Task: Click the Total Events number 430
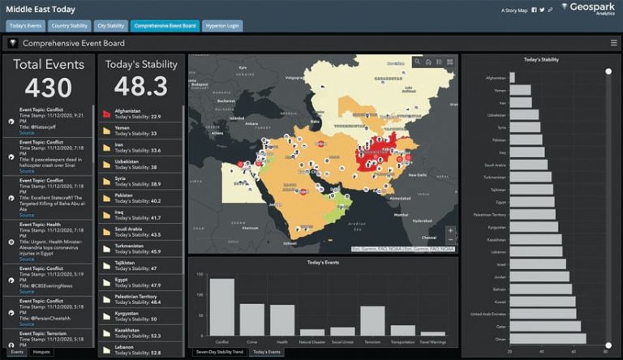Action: (x=48, y=88)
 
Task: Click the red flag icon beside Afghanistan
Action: (x=105, y=114)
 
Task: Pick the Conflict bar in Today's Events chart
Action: (x=221, y=306)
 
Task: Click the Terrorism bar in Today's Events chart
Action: (x=372, y=319)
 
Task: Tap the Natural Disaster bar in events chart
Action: (x=312, y=332)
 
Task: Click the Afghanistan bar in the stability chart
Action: (x=512, y=78)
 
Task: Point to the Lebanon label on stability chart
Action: (x=496, y=252)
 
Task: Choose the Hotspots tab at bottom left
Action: (x=41, y=352)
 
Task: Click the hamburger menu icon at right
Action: (x=613, y=43)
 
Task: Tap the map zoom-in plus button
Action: (x=451, y=231)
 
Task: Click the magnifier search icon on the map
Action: (x=417, y=62)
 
